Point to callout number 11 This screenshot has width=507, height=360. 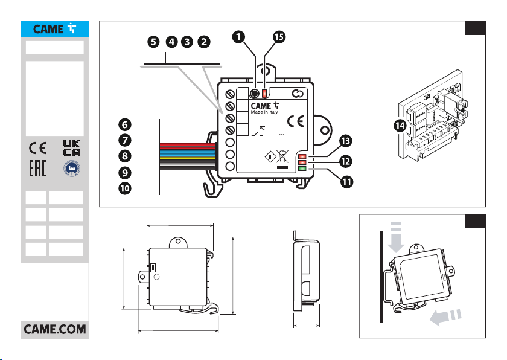(346, 181)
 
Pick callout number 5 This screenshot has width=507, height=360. (155, 42)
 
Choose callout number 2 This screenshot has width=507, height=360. (205, 42)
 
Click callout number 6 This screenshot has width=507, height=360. (124, 124)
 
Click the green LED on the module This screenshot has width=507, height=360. (302, 169)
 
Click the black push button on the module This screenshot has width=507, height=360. (255, 94)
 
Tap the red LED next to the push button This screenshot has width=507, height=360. (265, 93)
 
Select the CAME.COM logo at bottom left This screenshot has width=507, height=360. (55, 330)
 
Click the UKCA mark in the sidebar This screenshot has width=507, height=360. (72, 147)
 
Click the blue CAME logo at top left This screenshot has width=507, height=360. (55, 29)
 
